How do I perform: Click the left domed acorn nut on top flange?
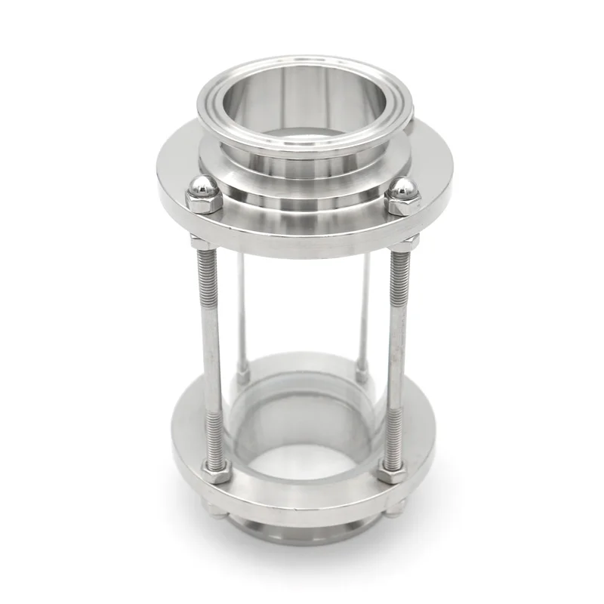(203, 195)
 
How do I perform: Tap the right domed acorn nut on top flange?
(402, 197)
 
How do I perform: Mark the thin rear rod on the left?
(240, 310)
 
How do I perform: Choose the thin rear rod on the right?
(365, 310)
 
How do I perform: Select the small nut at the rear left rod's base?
(242, 371)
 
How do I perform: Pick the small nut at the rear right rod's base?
(362, 372)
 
